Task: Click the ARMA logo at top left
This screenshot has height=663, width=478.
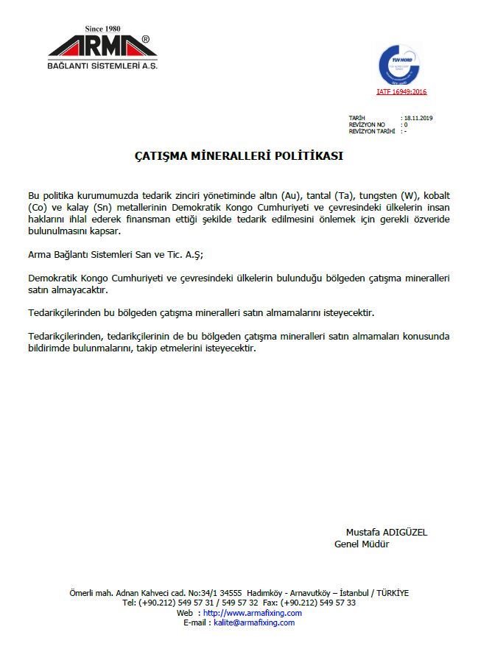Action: pyautogui.click(x=102, y=47)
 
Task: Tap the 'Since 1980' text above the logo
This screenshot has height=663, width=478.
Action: pyautogui.click(x=102, y=29)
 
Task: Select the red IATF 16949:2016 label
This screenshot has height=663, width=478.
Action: pyautogui.click(x=401, y=92)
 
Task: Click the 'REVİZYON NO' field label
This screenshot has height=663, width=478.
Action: pyautogui.click(x=367, y=124)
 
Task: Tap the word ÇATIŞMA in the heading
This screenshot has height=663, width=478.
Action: pyautogui.click(x=160, y=157)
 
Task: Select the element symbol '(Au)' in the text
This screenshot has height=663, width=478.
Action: pyautogui.click(x=292, y=195)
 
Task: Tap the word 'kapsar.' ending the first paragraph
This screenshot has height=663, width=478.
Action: pyautogui.click(x=105, y=231)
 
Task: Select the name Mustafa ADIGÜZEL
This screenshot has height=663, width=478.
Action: pyautogui.click(x=387, y=532)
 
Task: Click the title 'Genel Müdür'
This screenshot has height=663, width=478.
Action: pyautogui.click(x=362, y=544)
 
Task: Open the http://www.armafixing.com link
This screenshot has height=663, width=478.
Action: pyautogui.click(x=252, y=613)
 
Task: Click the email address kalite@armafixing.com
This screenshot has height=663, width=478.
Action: pyautogui.click(x=253, y=622)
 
